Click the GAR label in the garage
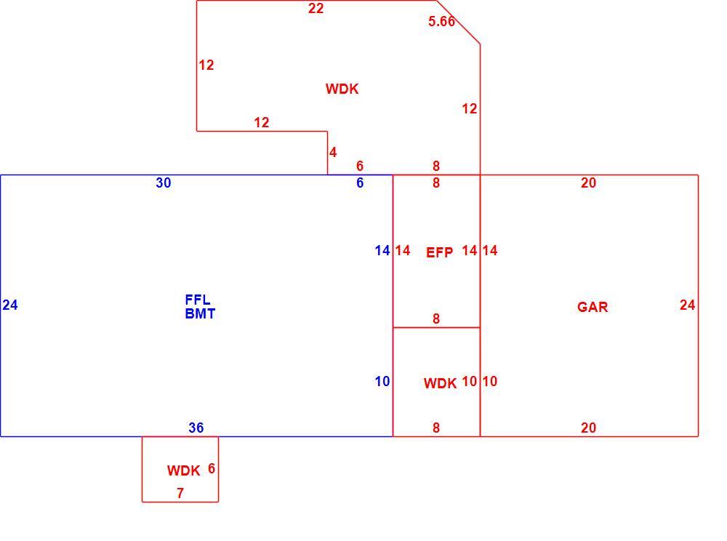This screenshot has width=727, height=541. coord(592,307)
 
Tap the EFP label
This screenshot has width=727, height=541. coord(439,252)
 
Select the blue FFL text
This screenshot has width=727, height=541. coord(198,300)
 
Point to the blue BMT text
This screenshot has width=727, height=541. coord(200,314)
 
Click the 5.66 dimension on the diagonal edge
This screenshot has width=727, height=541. coord(441,21)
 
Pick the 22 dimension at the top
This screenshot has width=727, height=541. coord(316,8)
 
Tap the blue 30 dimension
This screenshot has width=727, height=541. coord(163,183)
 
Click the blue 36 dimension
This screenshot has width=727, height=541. coord(196,428)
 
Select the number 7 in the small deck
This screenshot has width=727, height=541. coord(180,493)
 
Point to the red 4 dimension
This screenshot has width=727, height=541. coord(333,153)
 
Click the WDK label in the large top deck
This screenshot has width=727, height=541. coord(342,89)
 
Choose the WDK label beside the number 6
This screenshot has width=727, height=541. coord(184,471)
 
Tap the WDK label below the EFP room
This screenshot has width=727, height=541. coord(440,383)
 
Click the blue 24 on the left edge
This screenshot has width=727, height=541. coord(10,305)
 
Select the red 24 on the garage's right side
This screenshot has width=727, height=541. coord(688,305)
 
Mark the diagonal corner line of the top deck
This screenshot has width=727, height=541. coord(458,23)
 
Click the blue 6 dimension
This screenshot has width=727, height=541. coord(360,183)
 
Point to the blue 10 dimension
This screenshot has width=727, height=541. coord(382,382)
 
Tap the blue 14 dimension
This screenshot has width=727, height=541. coord(382,251)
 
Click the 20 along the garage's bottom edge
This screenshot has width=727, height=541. coord(588,428)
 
